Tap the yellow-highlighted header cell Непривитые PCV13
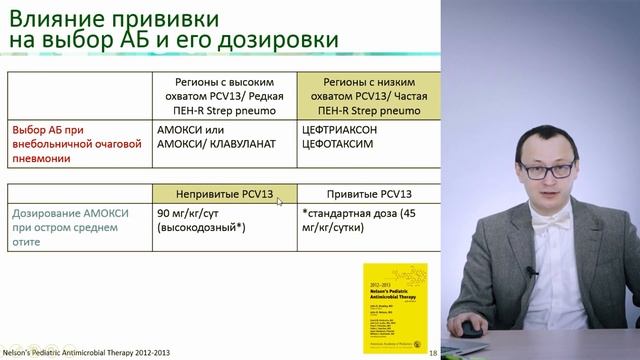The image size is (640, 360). click(x=211, y=193)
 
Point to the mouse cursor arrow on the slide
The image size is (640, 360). click(x=266, y=199)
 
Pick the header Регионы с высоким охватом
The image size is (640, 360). click(x=221, y=96)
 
